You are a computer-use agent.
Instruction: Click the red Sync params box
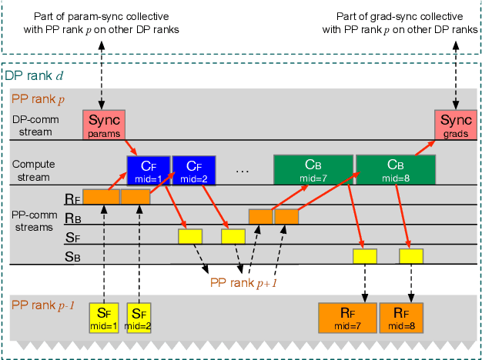(x=103, y=125)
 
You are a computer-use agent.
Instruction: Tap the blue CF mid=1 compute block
(x=148, y=170)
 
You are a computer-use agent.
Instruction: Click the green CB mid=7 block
(x=312, y=170)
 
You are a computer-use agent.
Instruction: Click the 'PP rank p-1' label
(x=42, y=305)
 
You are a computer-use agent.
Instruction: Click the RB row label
(x=72, y=217)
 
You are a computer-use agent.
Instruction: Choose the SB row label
(x=72, y=257)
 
